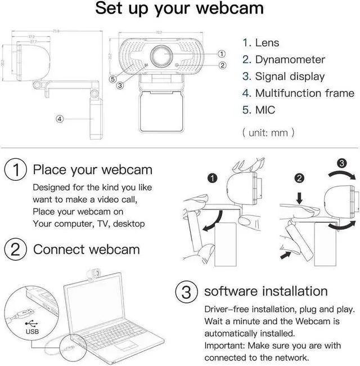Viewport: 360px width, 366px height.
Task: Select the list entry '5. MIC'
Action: point(258,110)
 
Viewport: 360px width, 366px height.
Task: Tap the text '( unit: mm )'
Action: point(268,133)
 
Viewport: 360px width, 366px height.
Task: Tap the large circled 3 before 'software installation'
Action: point(186,291)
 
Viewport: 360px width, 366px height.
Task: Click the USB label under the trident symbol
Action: point(33,332)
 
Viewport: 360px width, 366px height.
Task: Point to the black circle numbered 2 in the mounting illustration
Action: point(299,178)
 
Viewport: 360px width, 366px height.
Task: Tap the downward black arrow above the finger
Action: point(299,198)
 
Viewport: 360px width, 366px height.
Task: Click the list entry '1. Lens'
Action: point(260,43)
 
